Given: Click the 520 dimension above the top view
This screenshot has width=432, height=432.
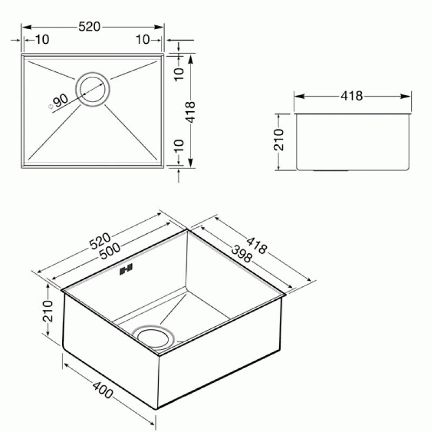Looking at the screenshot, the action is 89,26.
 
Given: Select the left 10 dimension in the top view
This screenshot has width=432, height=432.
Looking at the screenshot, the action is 43,39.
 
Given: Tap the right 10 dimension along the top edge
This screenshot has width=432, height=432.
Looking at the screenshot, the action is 143,39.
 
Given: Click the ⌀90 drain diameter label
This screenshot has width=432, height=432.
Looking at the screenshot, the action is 59,101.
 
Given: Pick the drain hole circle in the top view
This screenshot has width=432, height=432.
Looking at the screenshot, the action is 92,90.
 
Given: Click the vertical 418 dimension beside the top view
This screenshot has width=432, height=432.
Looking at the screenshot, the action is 191,112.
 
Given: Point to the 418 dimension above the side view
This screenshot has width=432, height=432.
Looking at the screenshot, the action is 352,96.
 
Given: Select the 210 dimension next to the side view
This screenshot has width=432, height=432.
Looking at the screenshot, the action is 279,140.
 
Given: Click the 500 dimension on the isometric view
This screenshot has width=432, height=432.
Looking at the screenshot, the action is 110,251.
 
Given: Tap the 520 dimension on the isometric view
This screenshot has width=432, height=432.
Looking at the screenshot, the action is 100,241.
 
